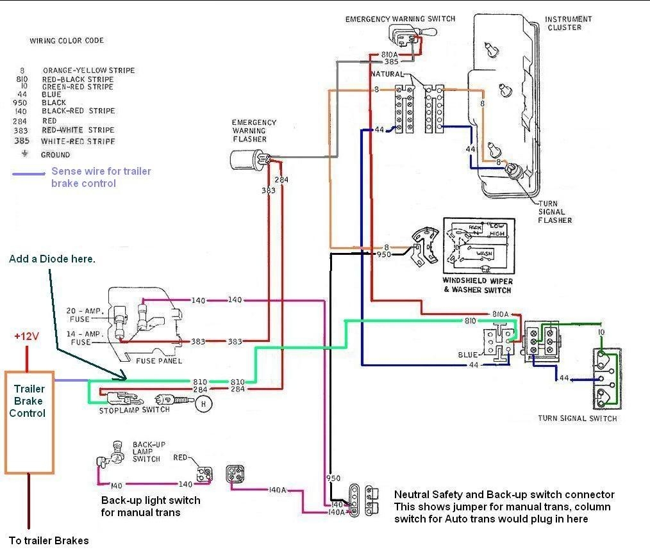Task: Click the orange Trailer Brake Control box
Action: tap(29, 423)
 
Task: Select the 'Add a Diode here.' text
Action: tap(52, 259)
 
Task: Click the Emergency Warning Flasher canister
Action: tap(246, 159)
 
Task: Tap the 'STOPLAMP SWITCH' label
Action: tap(135, 410)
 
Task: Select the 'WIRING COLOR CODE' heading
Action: tap(67, 41)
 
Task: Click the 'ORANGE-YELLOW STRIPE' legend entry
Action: tap(88, 70)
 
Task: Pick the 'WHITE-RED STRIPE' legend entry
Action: tap(78, 141)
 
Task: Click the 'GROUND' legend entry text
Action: tap(55, 155)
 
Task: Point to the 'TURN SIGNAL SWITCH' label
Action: tap(578, 419)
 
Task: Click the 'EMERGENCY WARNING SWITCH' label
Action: tap(400, 19)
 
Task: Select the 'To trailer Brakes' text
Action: tap(49, 540)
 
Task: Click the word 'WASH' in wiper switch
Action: tap(485, 254)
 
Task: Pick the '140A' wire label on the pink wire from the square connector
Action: tap(277, 490)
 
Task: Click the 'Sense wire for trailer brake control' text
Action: tap(101, 177)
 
